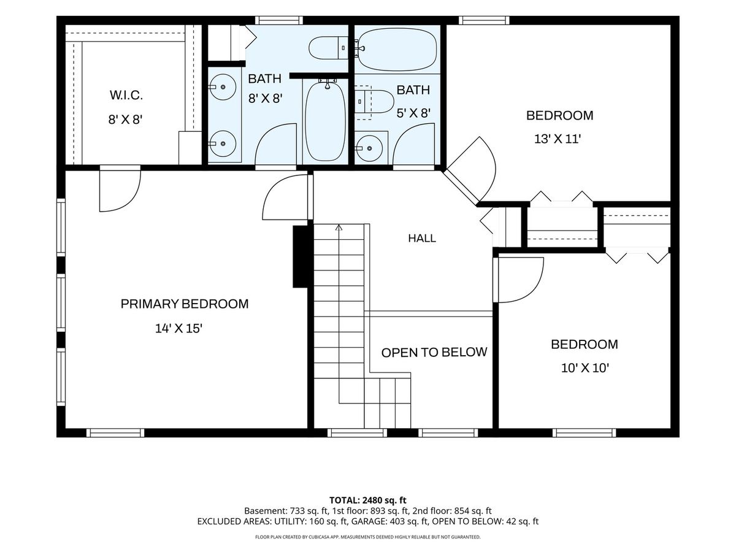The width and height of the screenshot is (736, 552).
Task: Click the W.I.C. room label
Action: [x=126, y=96]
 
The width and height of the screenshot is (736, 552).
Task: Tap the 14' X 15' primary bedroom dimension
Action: [x=178, y=329]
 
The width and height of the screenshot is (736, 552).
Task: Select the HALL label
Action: [x=422, y=239]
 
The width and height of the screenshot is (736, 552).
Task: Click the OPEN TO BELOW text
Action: [x=434, y=352]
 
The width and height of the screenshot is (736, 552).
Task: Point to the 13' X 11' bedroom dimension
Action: [x=558, y=139]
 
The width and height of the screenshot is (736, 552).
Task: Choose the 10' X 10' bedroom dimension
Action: [x=585, y=369]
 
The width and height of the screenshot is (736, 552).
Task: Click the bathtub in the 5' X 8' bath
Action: [x=397, y=49]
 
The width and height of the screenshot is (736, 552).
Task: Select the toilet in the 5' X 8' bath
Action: [x=374, y=102]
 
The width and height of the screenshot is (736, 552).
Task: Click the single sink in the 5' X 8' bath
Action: [x=369, y=148]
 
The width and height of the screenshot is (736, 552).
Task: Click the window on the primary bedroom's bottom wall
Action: [x=115, y=432]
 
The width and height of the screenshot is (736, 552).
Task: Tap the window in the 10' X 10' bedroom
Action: [x=584, y=432]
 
